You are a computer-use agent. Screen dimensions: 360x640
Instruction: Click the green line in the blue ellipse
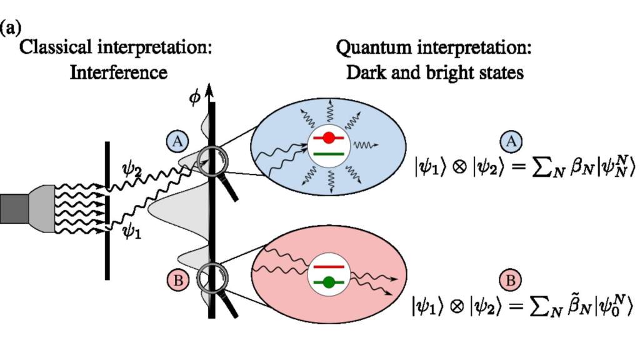click(329, 152)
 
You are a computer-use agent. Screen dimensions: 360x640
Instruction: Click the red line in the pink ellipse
click(329, 267)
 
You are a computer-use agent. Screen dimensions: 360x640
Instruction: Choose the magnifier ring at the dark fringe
click(210, 276)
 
